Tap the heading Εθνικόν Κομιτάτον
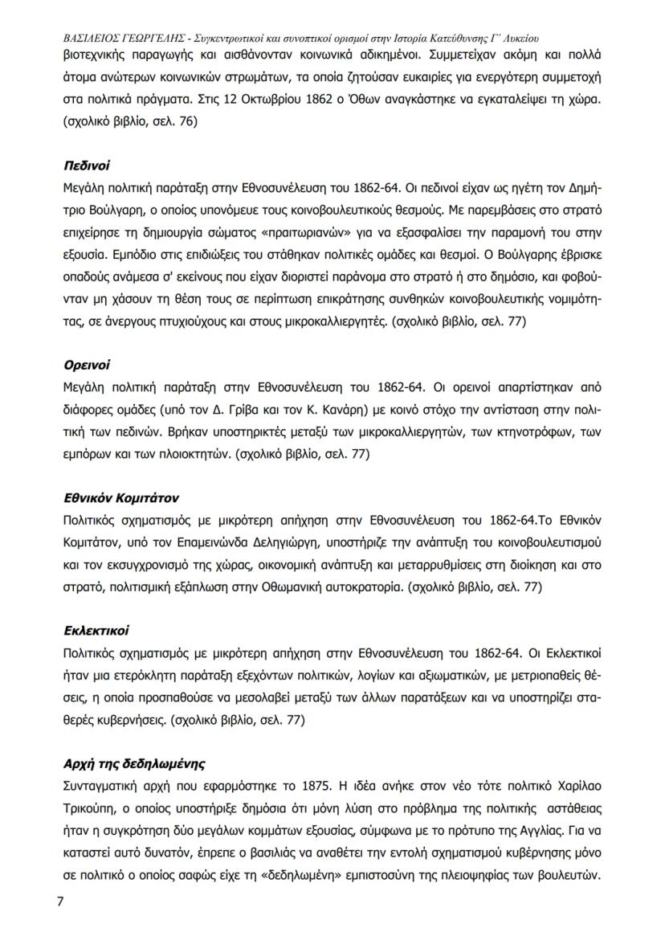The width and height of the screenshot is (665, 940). point(120,498)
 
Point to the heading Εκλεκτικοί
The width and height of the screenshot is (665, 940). point(95,631)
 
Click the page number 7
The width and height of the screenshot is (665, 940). point(59,901)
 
